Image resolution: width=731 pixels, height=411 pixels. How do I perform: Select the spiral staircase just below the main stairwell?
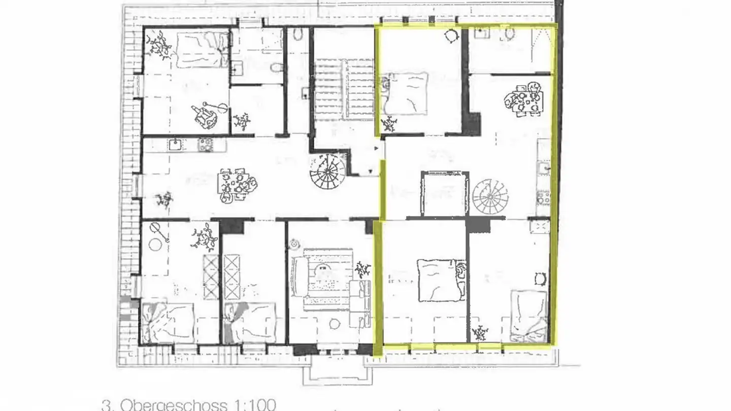point(327,172)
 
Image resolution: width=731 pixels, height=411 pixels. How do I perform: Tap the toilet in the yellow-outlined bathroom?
point(509,35)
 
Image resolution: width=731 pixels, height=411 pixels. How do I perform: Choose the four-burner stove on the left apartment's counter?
point(206,145)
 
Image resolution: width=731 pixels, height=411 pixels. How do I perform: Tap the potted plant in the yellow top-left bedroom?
point(389,123)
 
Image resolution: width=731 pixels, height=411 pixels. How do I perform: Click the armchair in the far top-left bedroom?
point(205,116)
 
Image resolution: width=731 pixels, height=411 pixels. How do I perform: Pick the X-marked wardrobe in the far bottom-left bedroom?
point(211,277)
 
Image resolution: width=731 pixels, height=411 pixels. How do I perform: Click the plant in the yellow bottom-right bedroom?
point(479,333)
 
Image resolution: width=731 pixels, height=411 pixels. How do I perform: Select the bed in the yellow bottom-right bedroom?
point(528,315)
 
